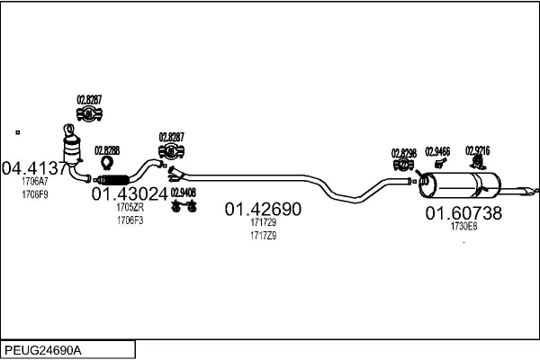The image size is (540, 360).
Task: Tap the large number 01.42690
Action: (263, 209)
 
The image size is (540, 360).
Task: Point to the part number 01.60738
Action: (463, 213)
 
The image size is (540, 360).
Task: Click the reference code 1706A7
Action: (35, 182)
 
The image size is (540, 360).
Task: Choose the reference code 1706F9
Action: (35, 194)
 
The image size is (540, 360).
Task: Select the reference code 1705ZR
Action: (130, 207)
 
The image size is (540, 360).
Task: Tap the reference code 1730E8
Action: (463, 227)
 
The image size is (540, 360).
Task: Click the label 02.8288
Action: (107, 149)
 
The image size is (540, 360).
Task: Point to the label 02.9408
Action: (184, 193)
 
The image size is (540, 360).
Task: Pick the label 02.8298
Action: (404, 153)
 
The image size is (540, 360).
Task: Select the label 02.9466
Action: (437, 151)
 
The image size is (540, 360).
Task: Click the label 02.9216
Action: (477, 150)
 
